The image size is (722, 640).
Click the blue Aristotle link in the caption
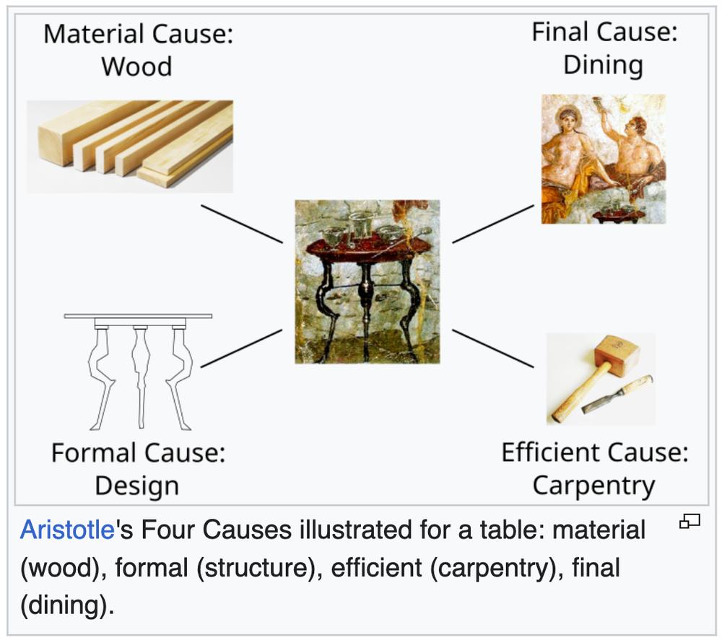click(x=67, y=530)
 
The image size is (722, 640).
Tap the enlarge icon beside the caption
click(x=690, y=521)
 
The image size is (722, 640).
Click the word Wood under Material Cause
click(x=136, y=66)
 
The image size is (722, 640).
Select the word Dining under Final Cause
click(x=603, y=65)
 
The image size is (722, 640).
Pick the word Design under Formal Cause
click(x=136, y=486)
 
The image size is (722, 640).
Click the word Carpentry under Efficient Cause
click(x=594, y=486)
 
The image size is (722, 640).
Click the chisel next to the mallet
click(x=617, y=394)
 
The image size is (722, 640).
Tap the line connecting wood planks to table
click(x=242, y=224)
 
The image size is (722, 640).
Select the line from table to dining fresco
click(x=493, y=224)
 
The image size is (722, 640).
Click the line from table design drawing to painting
click(x=242, y=349)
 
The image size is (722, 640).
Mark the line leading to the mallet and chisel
click(x=493, y=349)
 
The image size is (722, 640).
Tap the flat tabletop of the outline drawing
click(x=138, y=316)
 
